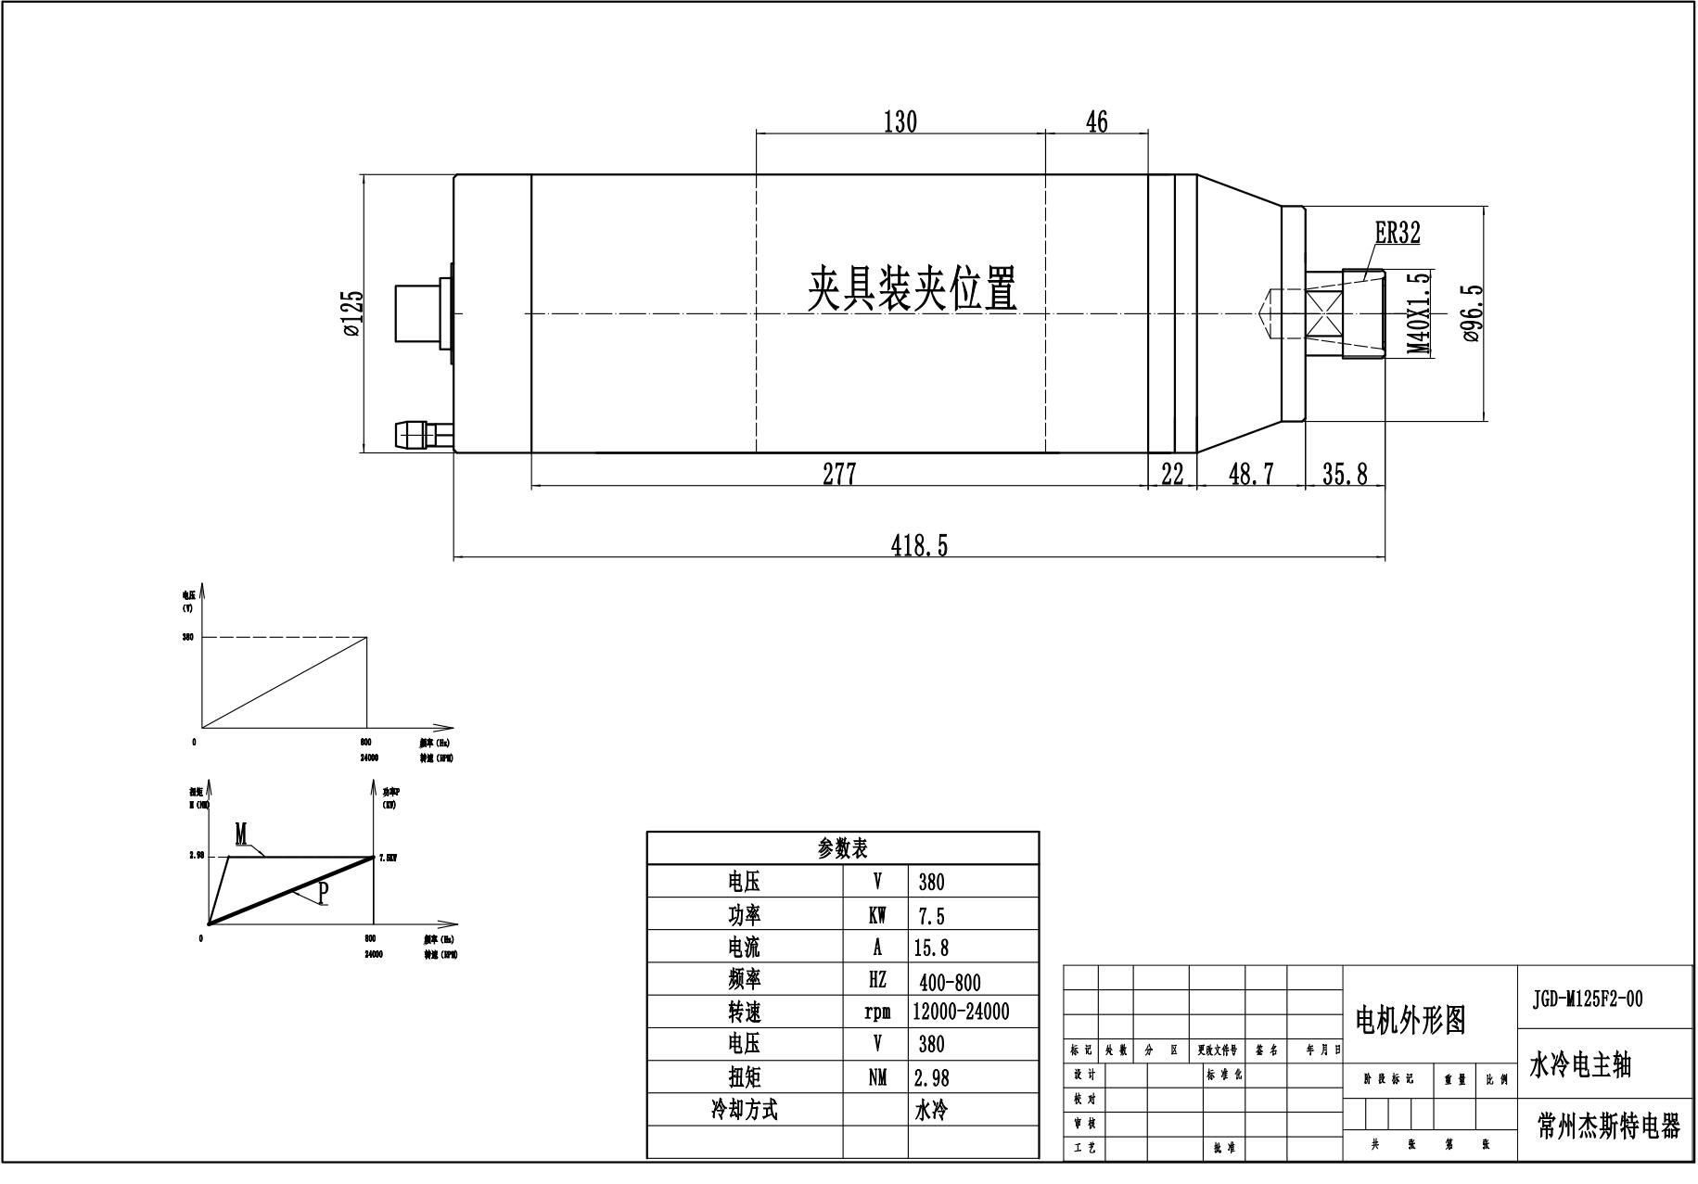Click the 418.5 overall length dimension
click(x=919, y=545)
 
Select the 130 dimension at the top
click(x=900, y=121)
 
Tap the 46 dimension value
click(x=1096, y=121)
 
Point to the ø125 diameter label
click(x=352, y=312)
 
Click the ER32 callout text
click(x=1397, y=233)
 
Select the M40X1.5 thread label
click(x=1419, y=312)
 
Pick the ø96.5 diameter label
click(x=1474, y=312)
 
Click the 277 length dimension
click(x=839, y=474)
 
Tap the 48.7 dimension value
click(x=1251, y=474)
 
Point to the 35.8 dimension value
click(x=1345, y=474)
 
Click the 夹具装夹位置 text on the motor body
click(x=913, y=288)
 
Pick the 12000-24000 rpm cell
click(x=961, y=1012)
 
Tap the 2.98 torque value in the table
click(x=931, y=1077)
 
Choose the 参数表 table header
click(x=842, y=847)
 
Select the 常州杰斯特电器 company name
click(x=1608, y=1126)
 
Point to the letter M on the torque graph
click(x=241, y=834)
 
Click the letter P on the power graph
click(x=322, y=893)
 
